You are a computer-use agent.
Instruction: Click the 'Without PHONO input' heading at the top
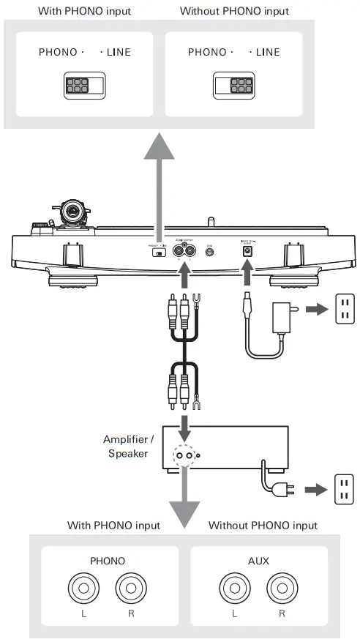pos(234,11)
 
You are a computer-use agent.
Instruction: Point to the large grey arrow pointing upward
pos(157,183)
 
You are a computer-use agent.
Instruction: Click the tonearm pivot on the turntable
pos(75,213)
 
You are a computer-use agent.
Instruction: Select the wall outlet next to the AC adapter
pos(343,309)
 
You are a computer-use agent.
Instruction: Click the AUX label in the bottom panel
pos(258,561)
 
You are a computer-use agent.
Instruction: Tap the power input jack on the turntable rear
pos(247,250)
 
